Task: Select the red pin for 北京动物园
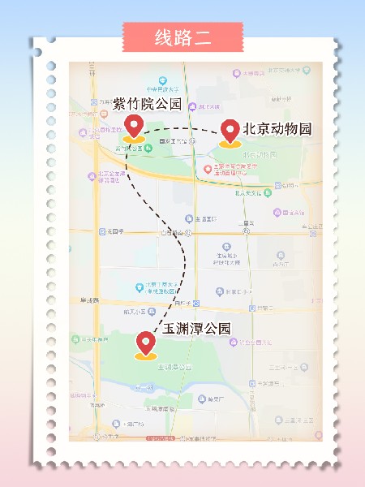[x=230, y=130]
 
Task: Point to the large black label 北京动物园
[x=277, y=129]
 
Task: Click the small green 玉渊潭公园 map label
[x=176, y=367]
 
